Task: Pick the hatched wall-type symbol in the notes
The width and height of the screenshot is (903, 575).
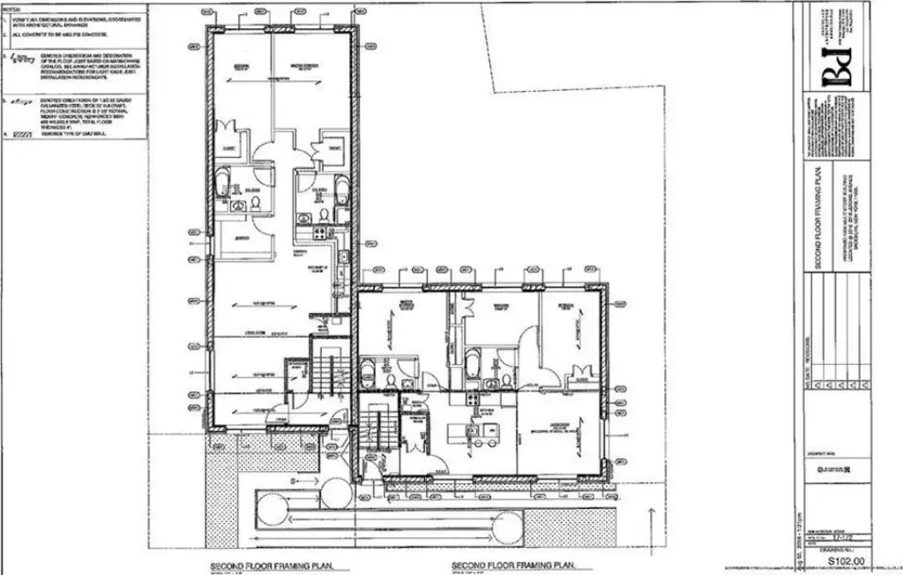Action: [x=23, y=135]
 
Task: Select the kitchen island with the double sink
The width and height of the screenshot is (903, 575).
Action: [x=473, y=432]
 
